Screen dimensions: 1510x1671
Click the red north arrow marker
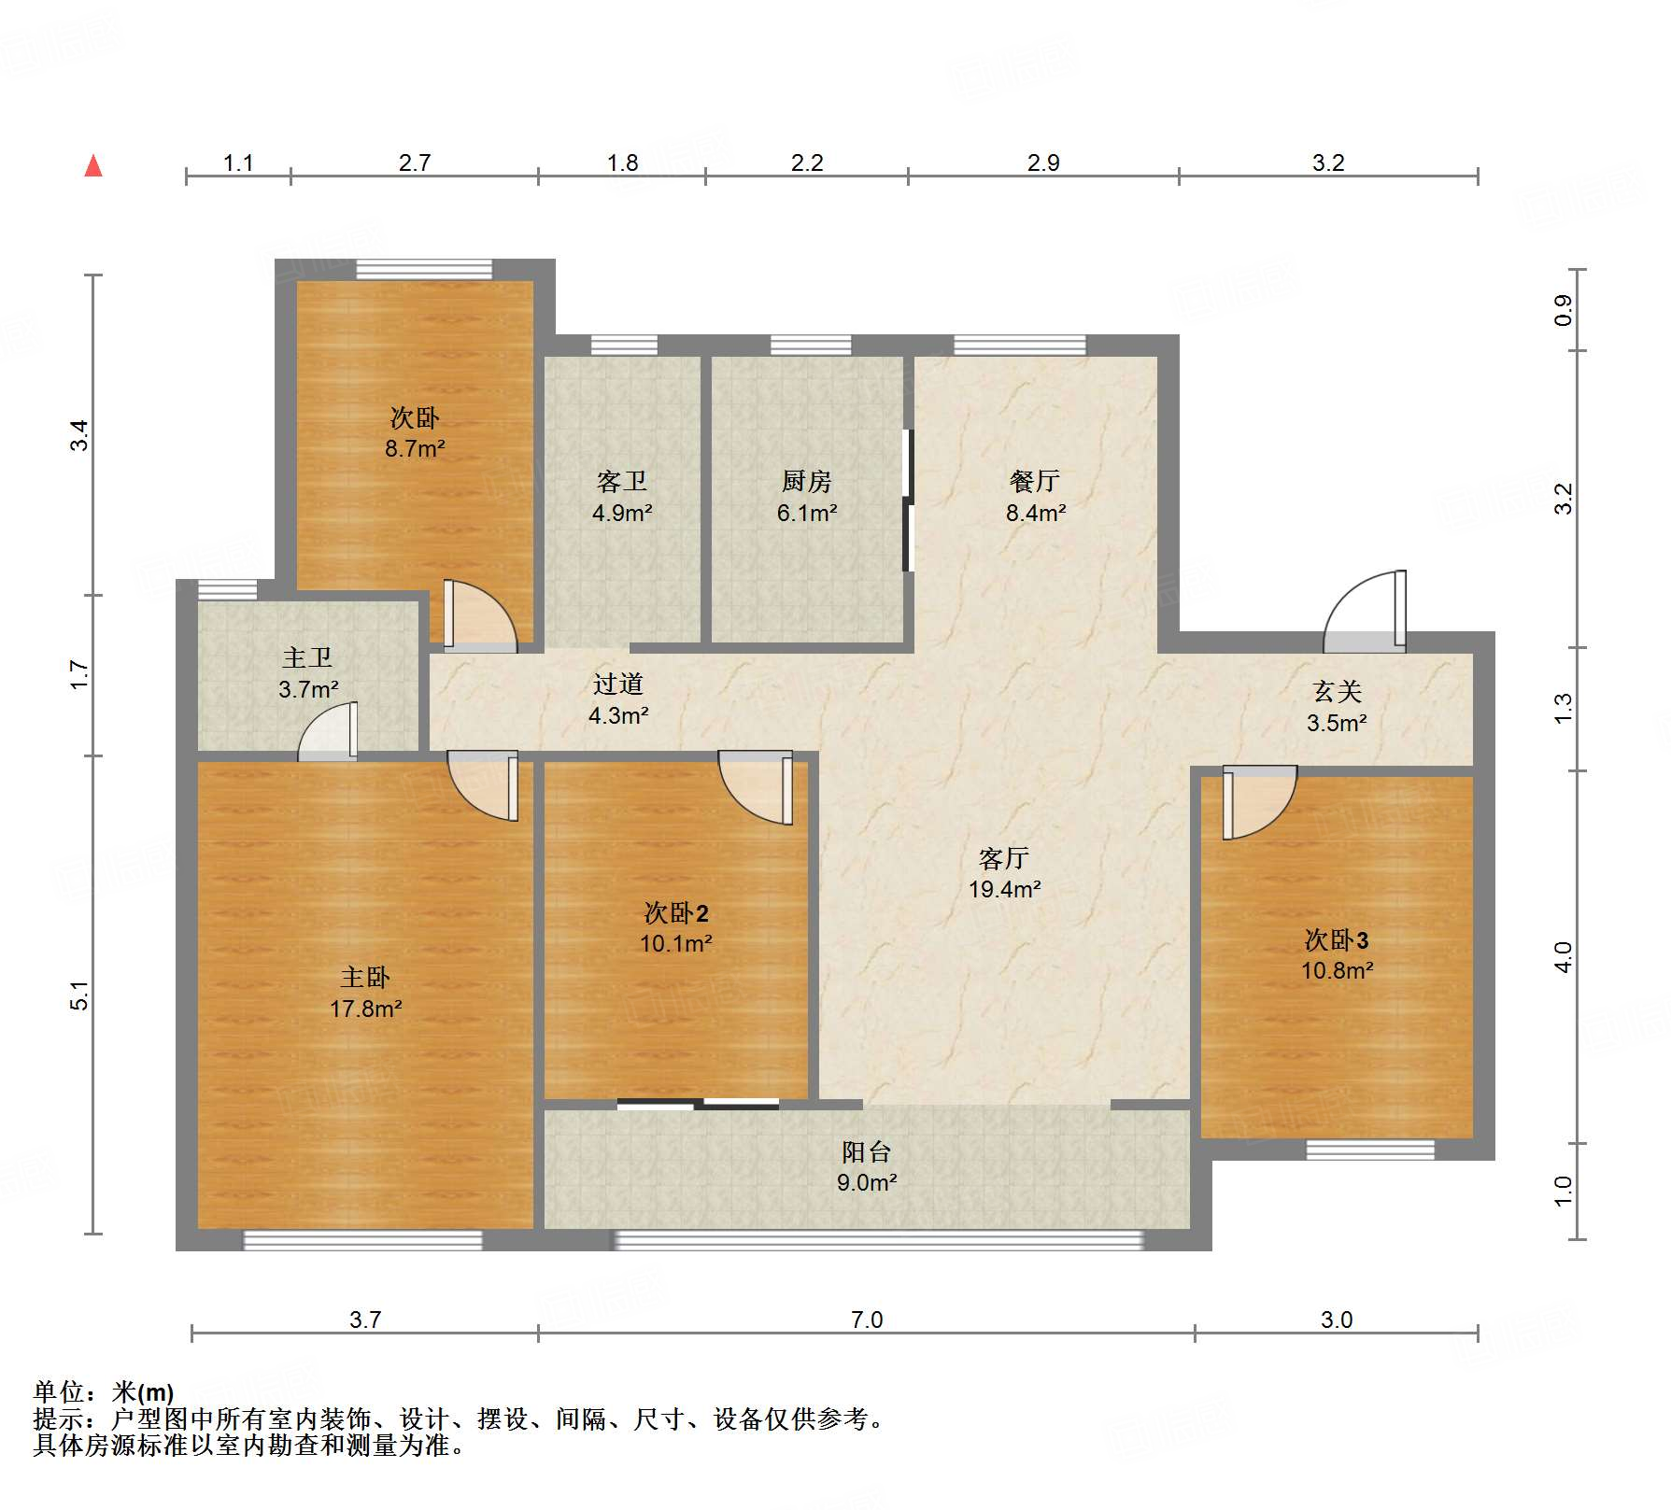pyautogui.click(x=93, y=166)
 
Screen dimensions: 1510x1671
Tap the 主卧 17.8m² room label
pyautogui.click(x=365, y=993)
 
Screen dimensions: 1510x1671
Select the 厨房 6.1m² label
pyautogui.click(x=807, y=497)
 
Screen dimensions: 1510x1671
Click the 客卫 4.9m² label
pyautogui.click(x=622, y=497)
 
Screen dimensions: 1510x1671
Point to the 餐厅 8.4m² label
pyautogui.click(x=1035, y=497)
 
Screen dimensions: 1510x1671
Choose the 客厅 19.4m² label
pyautogui.click(x=1004, y=873)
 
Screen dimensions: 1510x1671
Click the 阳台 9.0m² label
pyautogui.click(x=866, y=1166)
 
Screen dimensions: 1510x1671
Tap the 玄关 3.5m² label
pyautogui.click(x=1337, y=706)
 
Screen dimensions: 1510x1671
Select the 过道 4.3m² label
pyautogui.click(x=618, y=699)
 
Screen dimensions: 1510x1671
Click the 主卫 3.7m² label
pyautogui.click(x=308, y=673)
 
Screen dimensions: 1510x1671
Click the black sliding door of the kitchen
pyautogui.click(x=906, y=501)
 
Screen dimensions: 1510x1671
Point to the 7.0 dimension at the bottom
pyautogui.click(x=866, y=1319)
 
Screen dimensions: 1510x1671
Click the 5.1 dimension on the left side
pyautogui.click(x=80, y=995)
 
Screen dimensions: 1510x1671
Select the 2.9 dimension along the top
pyautogui.click(x=1043, y=162)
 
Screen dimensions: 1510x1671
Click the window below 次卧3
pyautogui.click(x=1369, y=1150)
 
